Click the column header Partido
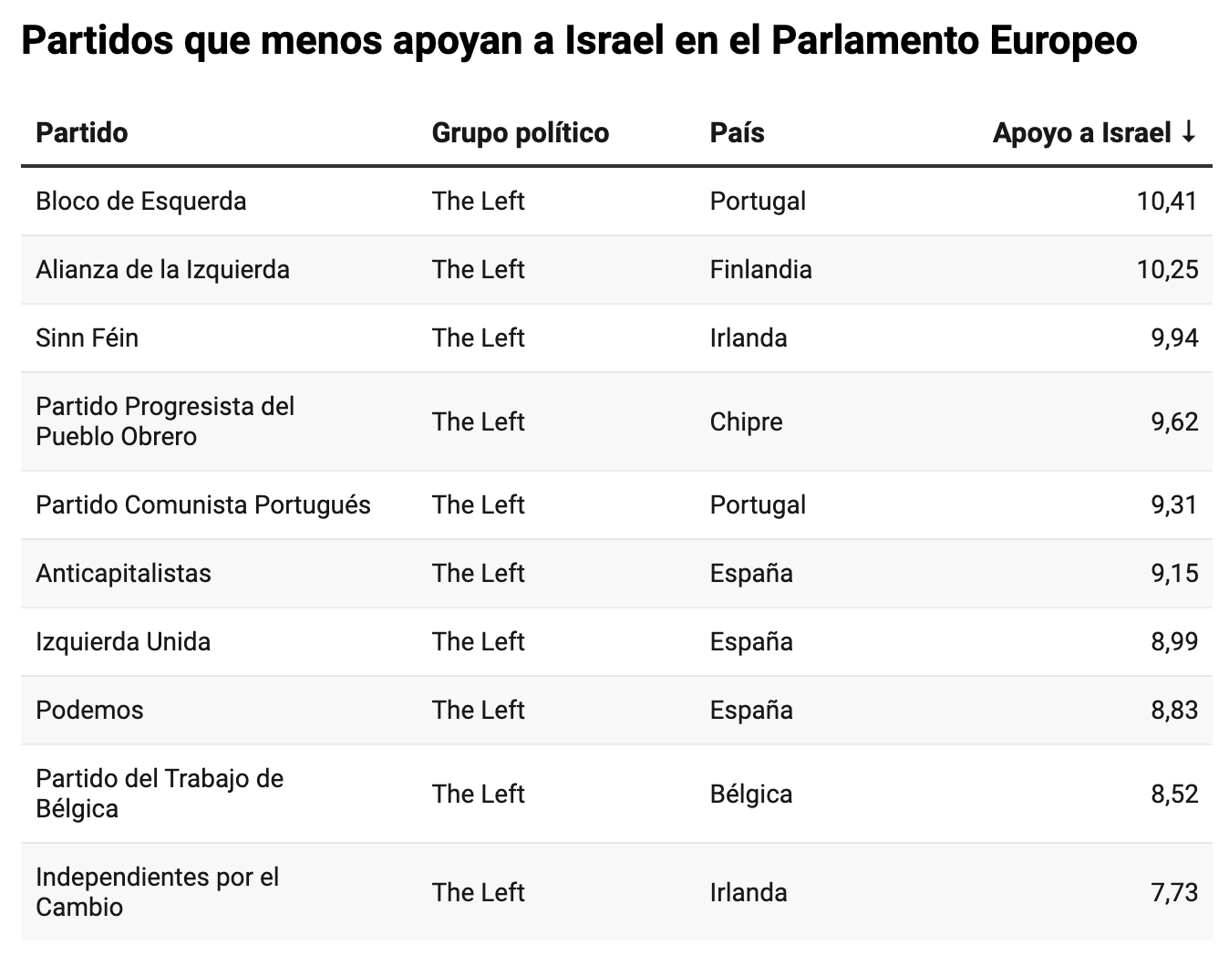[82, 133]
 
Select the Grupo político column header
[520, 133]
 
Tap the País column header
[737, 133]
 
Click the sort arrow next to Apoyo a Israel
[1187, 133]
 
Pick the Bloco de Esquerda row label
[141, 201]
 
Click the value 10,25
[1167, 269]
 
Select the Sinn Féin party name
[88, 338]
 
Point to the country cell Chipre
[746, 421]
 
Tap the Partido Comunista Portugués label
[203, 504]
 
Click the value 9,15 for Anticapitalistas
[1174, 573]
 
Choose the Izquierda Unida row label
[123, 641]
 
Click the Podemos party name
[89, 710]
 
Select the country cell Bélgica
[751, 794]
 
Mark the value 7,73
[1174, 892]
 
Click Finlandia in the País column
[760, 269]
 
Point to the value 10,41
[1167, 201]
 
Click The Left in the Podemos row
[478, 710]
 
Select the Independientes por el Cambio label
[157, 891]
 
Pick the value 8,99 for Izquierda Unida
[1174, 641]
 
